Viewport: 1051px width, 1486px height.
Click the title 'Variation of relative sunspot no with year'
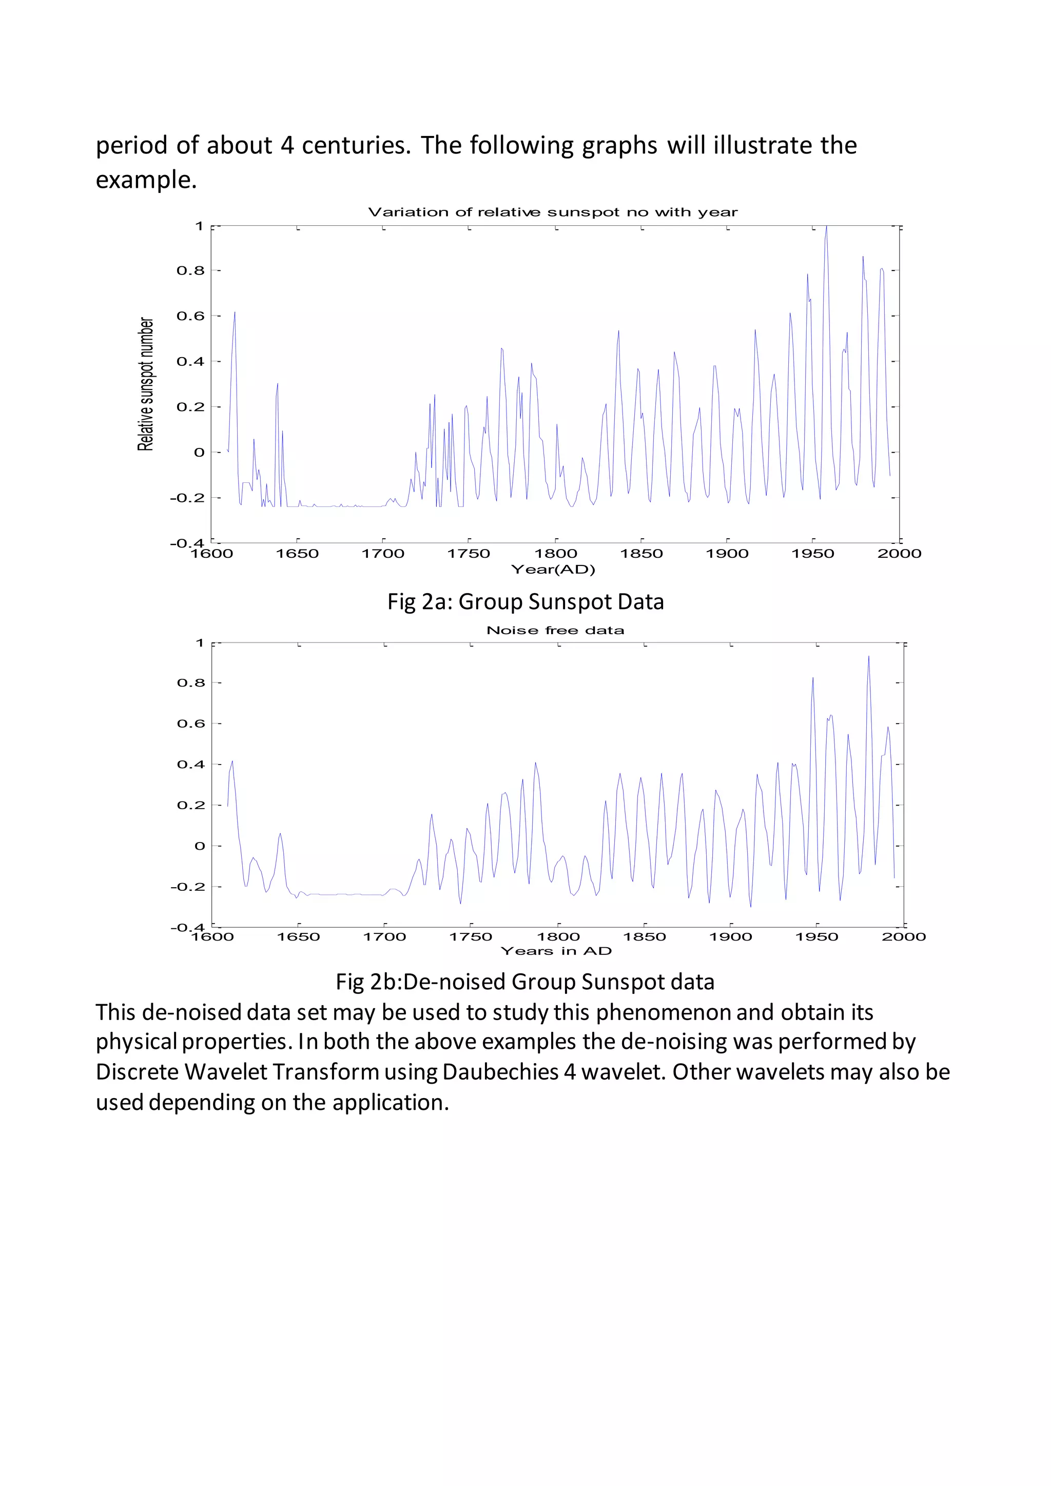click(552, 212)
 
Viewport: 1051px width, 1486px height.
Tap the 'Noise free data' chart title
click(555, 631)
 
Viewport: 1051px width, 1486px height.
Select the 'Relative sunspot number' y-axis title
click(146, 384)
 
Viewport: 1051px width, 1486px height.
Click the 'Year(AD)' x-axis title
click(553, 570)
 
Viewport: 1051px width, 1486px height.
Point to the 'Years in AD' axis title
click(556, 951)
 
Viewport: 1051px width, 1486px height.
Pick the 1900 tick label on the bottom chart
click(731, 937)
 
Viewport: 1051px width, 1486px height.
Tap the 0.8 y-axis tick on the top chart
click(190, 270)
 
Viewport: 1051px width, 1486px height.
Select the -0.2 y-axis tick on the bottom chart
click(188, 887)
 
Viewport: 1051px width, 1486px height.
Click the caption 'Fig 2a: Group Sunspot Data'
click(525, 602)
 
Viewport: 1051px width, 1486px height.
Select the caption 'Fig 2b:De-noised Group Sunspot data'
click(525, 982)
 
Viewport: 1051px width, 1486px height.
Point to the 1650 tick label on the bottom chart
click(298, 937)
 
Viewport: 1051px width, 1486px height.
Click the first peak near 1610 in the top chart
click(235, 313)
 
